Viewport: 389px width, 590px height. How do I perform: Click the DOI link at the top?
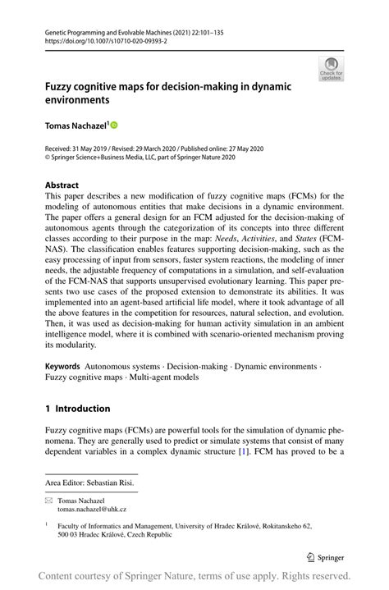pyautogui.click(x=99, y=39)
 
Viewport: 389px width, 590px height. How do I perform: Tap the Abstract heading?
pyautogui.click(x=62, y=185)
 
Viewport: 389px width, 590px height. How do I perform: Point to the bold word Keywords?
pyautogui.click(x=63, y=365)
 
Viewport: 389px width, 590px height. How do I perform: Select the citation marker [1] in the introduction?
pyautogui.click(x=265, y=451)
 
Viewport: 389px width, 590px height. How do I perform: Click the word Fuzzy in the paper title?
pyautogui.click(x=60, y=85)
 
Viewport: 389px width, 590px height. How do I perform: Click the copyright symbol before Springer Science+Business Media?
pyautogui.click(x=48, y=158)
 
